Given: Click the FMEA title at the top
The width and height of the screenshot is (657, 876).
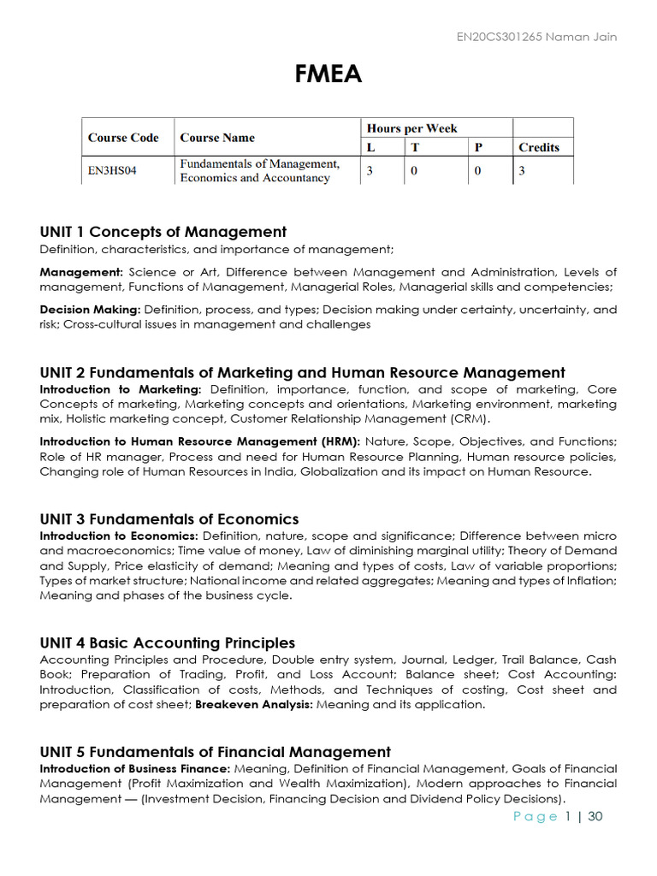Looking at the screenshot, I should (x=328, y=75).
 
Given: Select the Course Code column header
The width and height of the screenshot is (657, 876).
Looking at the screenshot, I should (x=123, y=138).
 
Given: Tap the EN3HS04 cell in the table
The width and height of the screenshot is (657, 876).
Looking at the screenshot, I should (x=112, y=170).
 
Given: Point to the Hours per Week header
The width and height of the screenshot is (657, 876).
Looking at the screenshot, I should (x=411, y=128).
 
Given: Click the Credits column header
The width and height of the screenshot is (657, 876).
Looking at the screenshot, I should (x=539, y=147).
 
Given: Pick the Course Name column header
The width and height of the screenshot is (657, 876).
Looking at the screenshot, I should (x=217, y=138).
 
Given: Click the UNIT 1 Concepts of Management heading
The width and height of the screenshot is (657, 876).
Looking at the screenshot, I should (x=163, y=232).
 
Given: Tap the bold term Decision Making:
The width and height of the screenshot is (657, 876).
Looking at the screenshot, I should (x=91, y=310).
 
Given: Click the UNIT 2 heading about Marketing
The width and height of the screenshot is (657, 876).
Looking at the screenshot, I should (x=302, y=373).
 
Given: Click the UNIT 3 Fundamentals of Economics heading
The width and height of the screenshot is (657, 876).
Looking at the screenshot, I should (x=169, y=519).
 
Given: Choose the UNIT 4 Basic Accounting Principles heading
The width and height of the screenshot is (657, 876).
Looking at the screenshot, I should (x=168, y=643).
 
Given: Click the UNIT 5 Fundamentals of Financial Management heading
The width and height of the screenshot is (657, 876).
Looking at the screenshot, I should (x=215, y=752).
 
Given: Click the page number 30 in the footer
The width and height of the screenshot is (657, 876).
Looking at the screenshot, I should (x=595, y=816).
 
